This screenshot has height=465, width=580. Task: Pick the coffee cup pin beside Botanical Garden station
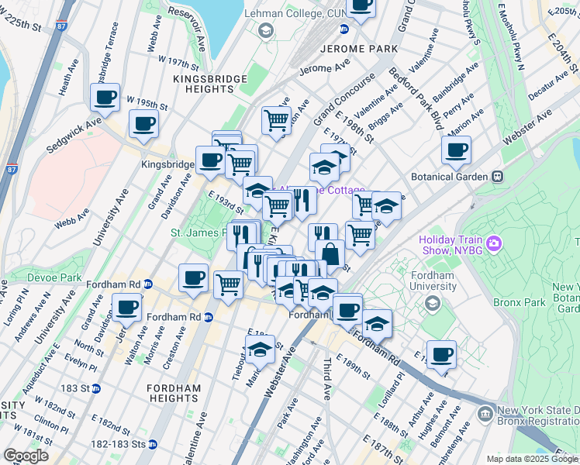coord(457,150)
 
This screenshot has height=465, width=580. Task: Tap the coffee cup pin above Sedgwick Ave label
coord(105,97)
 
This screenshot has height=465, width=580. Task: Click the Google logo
coord(26,456)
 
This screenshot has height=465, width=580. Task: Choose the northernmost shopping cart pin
coord(276,120)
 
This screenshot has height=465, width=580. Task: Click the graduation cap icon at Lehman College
coord(266,30)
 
